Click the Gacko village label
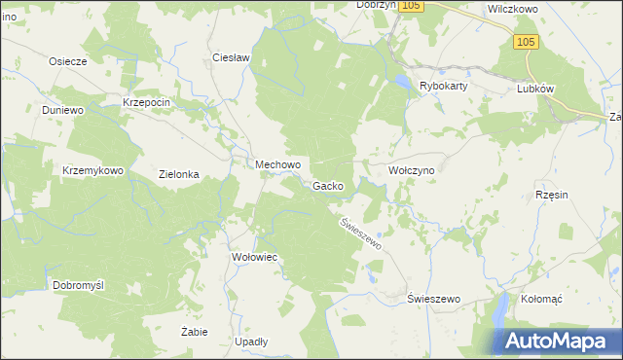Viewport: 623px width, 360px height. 327,186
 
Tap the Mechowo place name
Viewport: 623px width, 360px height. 277,165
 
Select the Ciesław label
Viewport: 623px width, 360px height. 232,57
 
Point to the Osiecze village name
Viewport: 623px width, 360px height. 68,60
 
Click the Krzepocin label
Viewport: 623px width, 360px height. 147,102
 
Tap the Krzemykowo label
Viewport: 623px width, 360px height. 92,170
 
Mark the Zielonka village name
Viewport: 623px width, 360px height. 179,175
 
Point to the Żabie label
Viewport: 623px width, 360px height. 195,332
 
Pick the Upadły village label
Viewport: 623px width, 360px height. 251,342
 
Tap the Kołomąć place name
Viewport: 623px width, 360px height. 543,299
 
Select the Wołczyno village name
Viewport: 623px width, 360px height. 418,170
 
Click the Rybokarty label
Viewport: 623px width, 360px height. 444,86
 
